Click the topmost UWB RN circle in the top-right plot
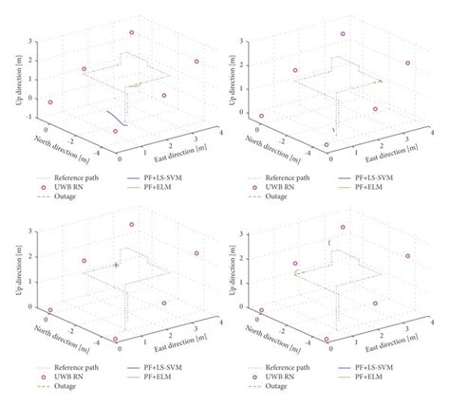344,33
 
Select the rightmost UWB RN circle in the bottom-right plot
408,255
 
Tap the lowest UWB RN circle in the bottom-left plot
116,339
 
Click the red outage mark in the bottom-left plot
116,266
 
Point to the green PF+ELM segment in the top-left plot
134,86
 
